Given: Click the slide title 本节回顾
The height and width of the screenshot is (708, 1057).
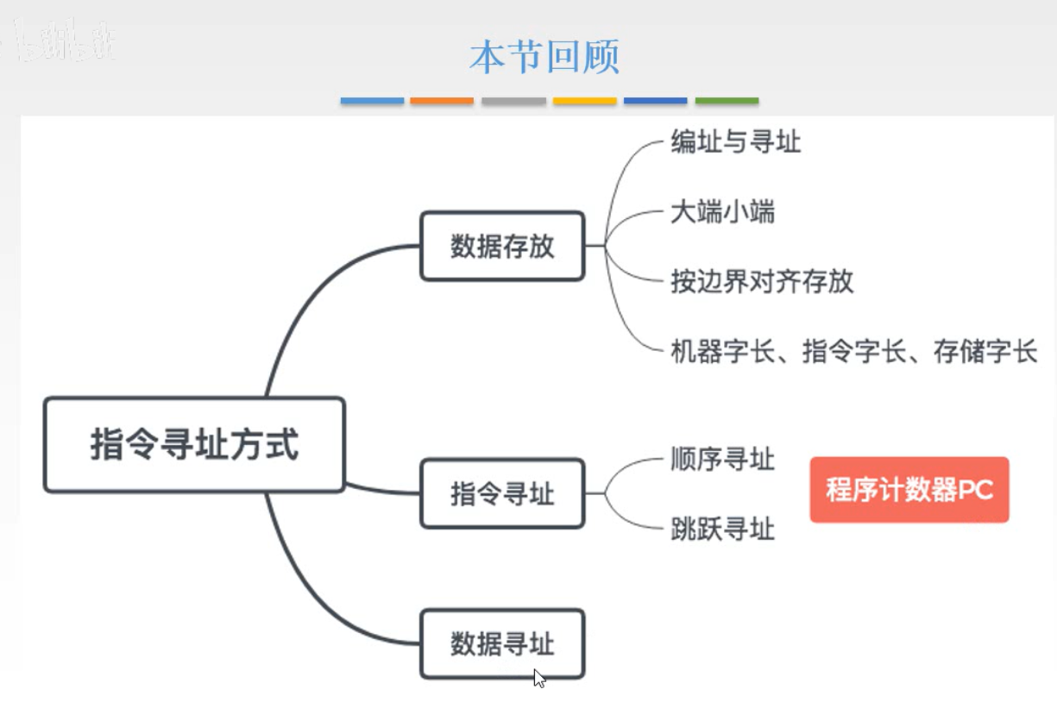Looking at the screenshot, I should pos(544,57).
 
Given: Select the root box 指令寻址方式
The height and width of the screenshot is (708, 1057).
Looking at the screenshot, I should pos(194,445).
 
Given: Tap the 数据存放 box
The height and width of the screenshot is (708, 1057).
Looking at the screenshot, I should pos(502,247).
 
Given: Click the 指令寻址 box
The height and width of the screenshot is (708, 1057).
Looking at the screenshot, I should pos(502,494).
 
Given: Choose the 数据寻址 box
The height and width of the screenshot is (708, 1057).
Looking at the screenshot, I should pos(502,644).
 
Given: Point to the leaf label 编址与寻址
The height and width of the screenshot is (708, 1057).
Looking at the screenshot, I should pos(735,141).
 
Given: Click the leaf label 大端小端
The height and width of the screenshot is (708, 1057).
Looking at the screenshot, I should pos(722,211).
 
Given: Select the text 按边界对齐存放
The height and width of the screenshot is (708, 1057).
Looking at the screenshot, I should pos(762,281).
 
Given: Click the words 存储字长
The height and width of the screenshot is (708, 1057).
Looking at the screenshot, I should pos(985,352).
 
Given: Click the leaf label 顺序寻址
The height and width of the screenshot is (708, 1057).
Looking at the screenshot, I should pos(722,459).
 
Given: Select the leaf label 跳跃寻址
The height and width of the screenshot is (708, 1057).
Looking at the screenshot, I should pos(722,529).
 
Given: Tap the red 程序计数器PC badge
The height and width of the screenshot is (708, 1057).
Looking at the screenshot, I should pos(909,490).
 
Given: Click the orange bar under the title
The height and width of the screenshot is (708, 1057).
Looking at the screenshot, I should pos(442,101).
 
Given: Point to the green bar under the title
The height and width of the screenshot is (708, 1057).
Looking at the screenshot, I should pos(727,101).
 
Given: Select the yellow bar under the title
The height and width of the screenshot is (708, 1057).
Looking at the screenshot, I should pos(584,101).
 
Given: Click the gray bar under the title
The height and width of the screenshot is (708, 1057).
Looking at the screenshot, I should pos(513,101).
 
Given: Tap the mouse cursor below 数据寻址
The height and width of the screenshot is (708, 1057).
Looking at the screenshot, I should pos(539,678).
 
